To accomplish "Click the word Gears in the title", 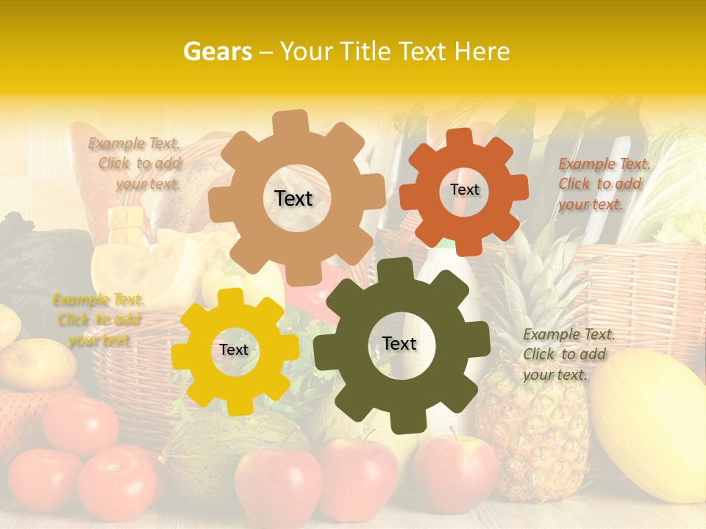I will pos(217,51).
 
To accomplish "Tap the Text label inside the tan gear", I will pos(293,198).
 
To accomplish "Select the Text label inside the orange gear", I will pos(464,190).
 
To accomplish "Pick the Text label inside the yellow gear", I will pos(234,350).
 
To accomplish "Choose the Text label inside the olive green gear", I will pos(399,343).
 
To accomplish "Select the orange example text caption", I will pos(604,184).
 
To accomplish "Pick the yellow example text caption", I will pos(98,320).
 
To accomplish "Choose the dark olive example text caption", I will pos(568,354).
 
